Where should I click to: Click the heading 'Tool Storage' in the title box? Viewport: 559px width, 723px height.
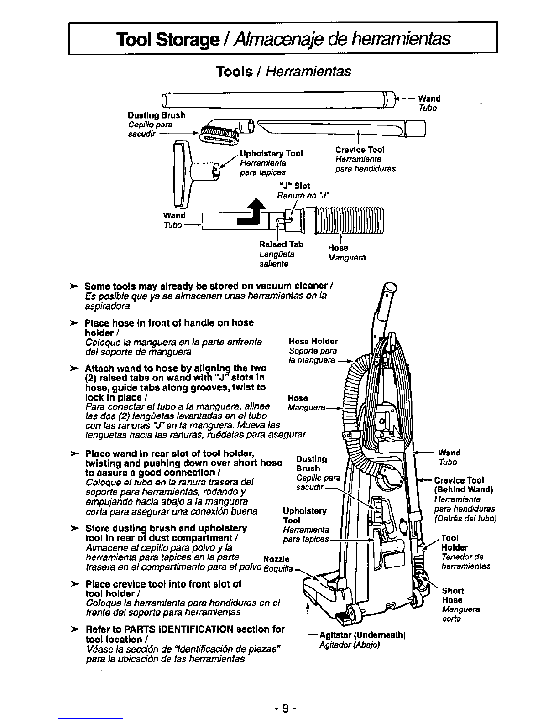point(168,39)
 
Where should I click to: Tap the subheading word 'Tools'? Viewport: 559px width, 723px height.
point(234,72)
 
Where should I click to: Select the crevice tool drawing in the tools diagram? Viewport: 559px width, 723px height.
point(341,129)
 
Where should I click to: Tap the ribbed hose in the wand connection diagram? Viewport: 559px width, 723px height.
point(342,220)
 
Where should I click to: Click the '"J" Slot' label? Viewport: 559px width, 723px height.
point(294,186)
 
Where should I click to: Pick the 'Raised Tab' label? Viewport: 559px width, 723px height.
point(282,244)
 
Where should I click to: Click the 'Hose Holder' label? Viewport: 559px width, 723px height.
point(313,341)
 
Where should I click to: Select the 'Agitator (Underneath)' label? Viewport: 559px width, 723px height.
point(362,635)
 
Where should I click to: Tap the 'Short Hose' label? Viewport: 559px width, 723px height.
point(453,595)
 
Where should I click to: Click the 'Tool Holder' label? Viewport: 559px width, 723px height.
point(455,542)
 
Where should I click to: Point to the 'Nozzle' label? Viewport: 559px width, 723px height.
point(276,559)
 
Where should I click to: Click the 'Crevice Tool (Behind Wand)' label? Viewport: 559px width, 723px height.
point(464,485)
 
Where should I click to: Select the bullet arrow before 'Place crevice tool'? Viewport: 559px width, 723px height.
point(74,584)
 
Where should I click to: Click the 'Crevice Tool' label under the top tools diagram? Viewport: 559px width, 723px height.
point(360,150)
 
